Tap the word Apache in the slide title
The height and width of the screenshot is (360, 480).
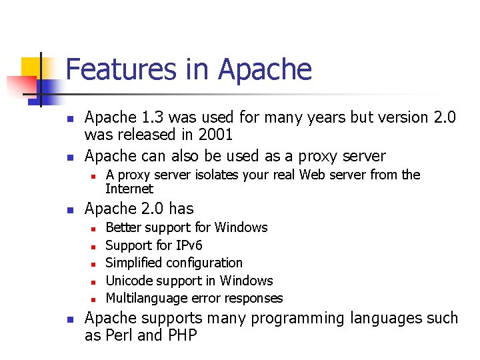pos(265,69)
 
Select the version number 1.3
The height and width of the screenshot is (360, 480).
pos(151,117)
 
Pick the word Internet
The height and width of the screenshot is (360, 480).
pos(129,188)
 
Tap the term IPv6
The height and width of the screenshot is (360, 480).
pos(187,245)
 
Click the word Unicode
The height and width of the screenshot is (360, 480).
pos(131,281)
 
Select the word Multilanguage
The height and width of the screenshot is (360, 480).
pos(145,298)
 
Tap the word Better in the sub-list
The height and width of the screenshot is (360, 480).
pos(123,227)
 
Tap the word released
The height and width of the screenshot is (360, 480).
pos(143,135)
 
